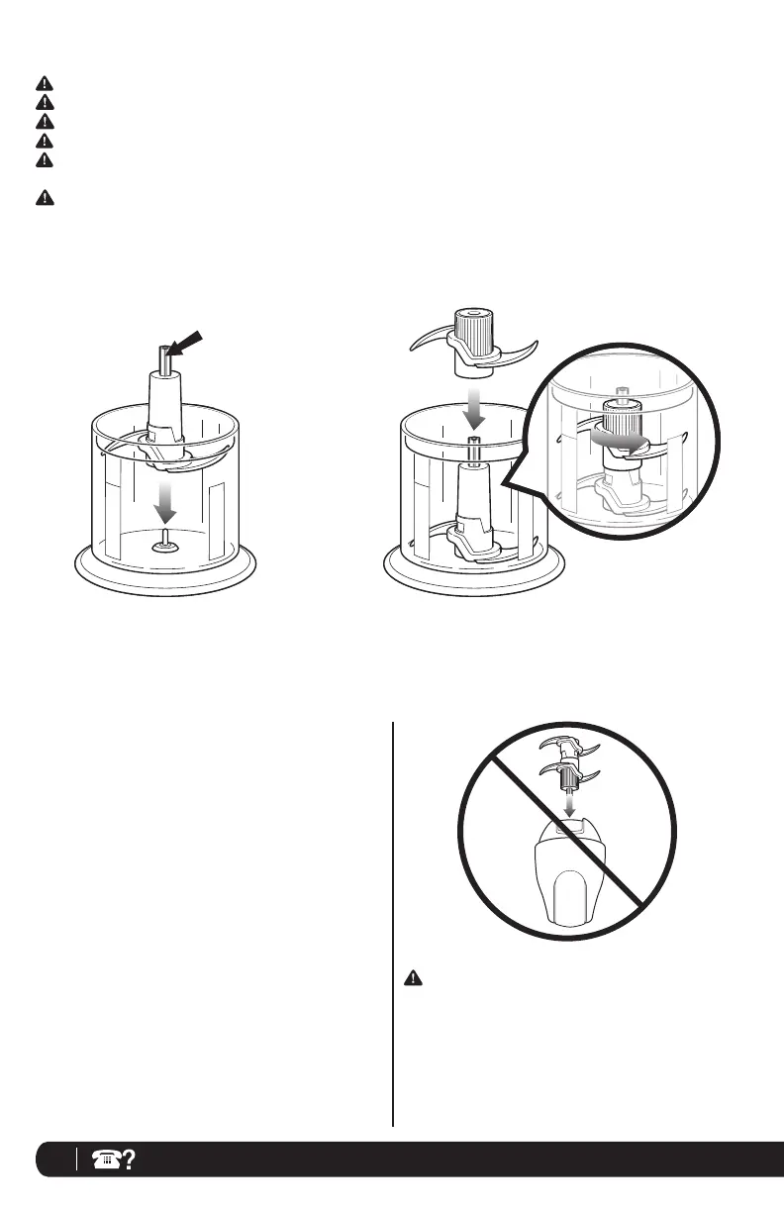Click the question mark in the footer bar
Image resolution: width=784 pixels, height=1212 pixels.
point(129,1160)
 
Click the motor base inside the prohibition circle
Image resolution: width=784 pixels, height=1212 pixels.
point(568,882)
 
